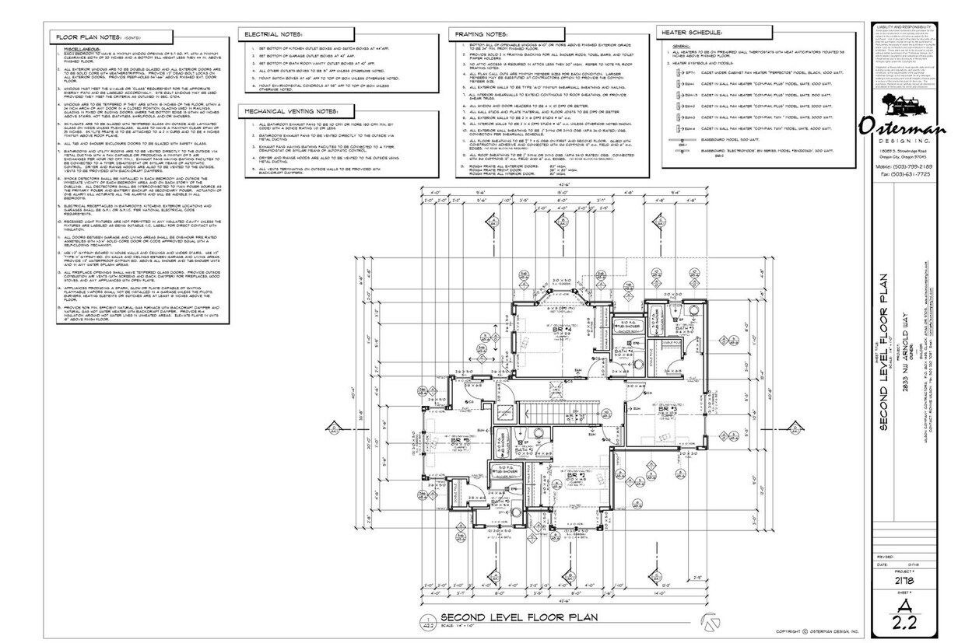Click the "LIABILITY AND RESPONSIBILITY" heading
click(907, 26)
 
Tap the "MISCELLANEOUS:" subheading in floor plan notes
click(86, 48)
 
